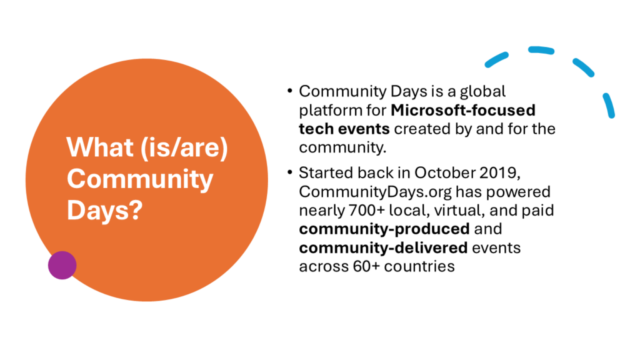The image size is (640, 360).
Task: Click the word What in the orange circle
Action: [100, 147]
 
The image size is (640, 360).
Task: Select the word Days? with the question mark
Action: [105, 210]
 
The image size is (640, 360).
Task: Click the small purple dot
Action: [62, 265]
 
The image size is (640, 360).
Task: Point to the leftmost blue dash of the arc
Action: [496, 59]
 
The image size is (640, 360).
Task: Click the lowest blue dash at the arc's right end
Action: [609, 106]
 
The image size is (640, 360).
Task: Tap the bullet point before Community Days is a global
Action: [290, 91]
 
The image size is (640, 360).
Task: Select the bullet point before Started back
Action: [290, 172]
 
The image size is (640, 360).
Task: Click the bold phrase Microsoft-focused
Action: [463, 110]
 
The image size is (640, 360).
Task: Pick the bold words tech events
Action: [344, 129]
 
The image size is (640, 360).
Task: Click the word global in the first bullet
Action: [483, 92]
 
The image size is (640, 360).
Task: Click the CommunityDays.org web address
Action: [375, 192]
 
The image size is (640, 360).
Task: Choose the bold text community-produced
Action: [384, 229]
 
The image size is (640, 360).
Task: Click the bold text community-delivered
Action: [383, 247]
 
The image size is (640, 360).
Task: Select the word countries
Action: [419, 266]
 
